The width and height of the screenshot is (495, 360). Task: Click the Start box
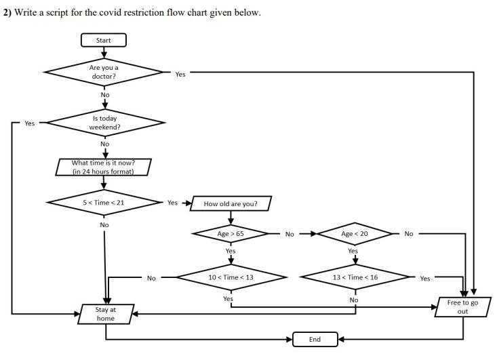click(x=103, y=41)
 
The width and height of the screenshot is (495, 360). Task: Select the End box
click(x=315, y=339)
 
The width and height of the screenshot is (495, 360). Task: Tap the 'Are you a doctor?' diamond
click(x=104, y=72)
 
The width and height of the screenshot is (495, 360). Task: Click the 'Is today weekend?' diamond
click(x=104, y=123)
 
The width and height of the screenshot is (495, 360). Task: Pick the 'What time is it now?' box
click(x=103, y=167)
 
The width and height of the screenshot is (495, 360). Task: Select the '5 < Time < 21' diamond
click(x=104, y=203)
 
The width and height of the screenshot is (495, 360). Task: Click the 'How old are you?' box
click(x=231, y=203)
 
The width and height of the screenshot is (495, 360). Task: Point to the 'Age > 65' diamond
click(x=231, y=234)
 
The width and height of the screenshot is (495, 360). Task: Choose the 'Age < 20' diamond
click(x=354, y=234)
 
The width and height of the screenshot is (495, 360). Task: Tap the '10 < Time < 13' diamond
click(x=231, y=277)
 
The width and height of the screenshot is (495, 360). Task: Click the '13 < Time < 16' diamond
click(x=355, y=277)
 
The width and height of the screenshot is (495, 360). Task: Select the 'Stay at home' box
click(x=106, y=314)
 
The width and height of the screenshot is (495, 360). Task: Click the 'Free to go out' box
click(x=462, y=307)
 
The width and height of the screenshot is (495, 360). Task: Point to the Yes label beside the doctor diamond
click(x=180, y=74)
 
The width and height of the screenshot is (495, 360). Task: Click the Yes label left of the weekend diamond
click(x=30, y=123)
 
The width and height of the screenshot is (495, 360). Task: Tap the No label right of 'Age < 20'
click(x=408, y=234)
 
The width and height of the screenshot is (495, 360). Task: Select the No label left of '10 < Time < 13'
click(x=151, y=278)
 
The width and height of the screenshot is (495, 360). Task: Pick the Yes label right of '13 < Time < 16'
click(x=424, y=278)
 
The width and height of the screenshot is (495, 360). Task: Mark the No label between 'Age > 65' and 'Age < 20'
click(x=290, y=234)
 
